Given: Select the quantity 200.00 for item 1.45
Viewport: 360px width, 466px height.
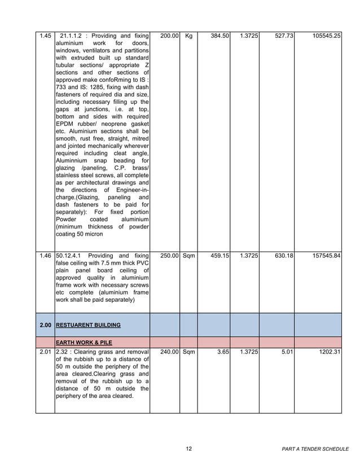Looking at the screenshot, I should click(x=169, y=36).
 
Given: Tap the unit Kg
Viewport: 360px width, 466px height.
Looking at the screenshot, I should click(x=188, y=36).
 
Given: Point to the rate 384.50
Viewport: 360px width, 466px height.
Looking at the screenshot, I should click(x=219, y=36).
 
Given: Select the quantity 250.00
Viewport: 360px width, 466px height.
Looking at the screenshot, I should click(x=169, y=256).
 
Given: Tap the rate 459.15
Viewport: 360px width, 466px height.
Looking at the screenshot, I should click(x=219, y=256).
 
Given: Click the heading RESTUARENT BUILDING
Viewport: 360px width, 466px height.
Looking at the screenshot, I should click(x=88, y=326).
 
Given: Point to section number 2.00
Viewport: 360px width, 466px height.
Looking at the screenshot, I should click(x=46, y=326).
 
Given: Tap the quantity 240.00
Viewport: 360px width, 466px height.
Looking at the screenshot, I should click(x=169, y=353).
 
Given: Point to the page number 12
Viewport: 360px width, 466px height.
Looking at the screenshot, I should click(x=189, y=449).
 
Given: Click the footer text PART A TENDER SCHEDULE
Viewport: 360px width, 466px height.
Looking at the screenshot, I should click(x=315, y=449).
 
